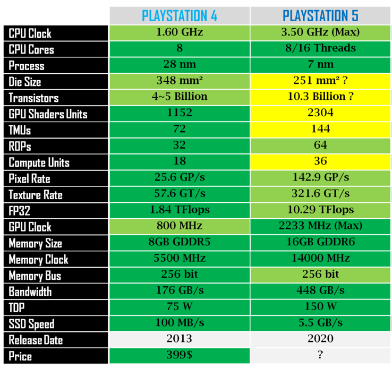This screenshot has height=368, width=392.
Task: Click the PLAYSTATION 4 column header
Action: (x=180, y=15)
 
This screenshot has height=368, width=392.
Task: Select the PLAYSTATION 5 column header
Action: (x=320, y=15)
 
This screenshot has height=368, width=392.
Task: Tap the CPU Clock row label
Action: (x=30, y=33)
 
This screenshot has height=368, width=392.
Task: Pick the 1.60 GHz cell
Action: (x=180, y=32)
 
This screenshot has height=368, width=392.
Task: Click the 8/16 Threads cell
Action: (x=320, y=49)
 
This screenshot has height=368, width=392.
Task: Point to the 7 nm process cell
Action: (x=320, y=65)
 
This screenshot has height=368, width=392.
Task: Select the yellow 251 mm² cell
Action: (x=320, y=81)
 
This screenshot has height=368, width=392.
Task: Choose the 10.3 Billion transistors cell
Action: (x=320, y=97)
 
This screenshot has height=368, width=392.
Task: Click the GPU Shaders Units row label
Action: (x=48, y=114)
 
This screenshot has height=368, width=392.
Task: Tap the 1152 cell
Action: (x=180, y=113)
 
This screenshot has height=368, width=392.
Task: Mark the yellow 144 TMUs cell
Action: (x=320, y=129)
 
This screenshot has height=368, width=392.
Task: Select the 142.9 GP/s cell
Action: (x=320, y=178)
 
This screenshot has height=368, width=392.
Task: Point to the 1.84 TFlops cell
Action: (x=180, y=210)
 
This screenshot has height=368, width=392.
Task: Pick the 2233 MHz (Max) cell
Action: (x=320, y=226)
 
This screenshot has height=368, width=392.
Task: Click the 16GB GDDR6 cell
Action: (x=320, y=243)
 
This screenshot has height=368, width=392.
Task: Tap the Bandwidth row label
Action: (x=30, y=292)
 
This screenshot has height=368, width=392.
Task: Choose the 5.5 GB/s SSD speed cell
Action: (x=320, y=323)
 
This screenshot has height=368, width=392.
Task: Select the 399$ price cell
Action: (x=180, y=355)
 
